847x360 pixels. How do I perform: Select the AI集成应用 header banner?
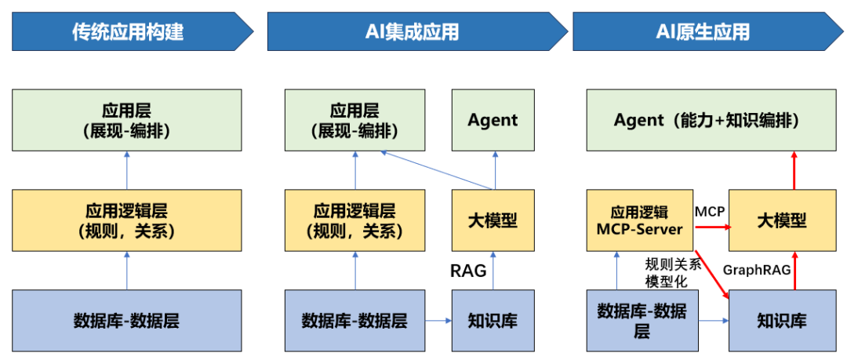click(412, 31)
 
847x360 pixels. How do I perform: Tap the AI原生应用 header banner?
click(702, 31)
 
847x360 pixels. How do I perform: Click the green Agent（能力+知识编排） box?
click(706, 120)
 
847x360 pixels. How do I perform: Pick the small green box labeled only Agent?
click(493, 120)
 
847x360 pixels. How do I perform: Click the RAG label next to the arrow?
click(468, 271)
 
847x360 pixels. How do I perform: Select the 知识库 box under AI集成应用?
click(493, 320)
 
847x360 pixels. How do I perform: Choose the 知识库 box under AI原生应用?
click(781, 320)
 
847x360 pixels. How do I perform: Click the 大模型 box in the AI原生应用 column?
click(781, 220)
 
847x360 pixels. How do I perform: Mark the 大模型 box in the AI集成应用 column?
click(493, 220)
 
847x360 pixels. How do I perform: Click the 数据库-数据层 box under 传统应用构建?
click(126, 320)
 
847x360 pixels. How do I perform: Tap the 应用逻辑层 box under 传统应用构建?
click(126, 220)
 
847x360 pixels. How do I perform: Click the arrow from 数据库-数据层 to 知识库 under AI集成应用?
click(438, 320)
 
